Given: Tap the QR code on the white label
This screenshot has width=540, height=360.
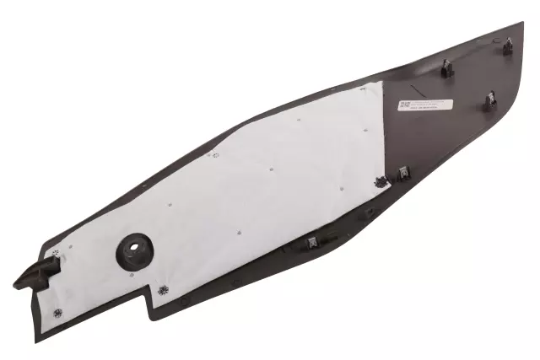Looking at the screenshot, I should click(404, 105).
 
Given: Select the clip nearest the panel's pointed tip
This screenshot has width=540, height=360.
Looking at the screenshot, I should click(508, 46).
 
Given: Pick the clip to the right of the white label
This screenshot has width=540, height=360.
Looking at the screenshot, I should click(490, 101).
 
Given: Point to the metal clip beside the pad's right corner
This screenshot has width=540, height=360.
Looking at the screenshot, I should click(404, 174).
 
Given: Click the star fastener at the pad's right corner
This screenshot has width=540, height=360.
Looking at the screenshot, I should click(380, 180).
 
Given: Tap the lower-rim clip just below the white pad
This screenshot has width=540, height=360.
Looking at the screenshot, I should click(312, 242).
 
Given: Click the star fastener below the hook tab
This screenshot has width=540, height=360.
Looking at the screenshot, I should click(57, 313).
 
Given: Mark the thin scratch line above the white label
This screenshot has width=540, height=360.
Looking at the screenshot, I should click(422, 87).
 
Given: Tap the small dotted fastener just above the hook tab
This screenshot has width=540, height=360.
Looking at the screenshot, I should click(56, 253).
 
